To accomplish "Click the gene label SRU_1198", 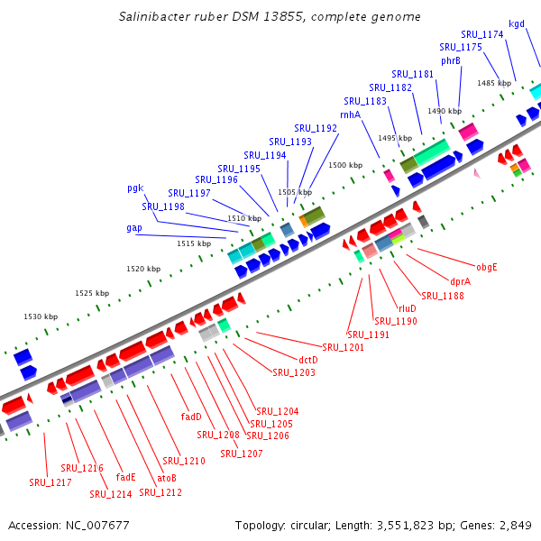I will tap(163, 206).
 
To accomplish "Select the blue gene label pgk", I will tap(135, 188).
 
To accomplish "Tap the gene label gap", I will tap(133, 227).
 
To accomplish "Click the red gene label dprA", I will tap(461, 280).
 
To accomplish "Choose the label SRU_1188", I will tap(443, 295).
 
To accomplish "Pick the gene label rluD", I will tap(408, 308).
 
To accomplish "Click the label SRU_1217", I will tap(50, 482).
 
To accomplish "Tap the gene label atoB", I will tap(167, 477).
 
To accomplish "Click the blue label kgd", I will tap(517, 24).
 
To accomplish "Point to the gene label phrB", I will tap(451, 60).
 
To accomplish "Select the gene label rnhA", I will tap(350, 115).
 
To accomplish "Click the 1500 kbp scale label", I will tap(345, 165).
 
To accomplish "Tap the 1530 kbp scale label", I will tap(40, 316).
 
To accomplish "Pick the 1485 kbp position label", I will tap(494, 83).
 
